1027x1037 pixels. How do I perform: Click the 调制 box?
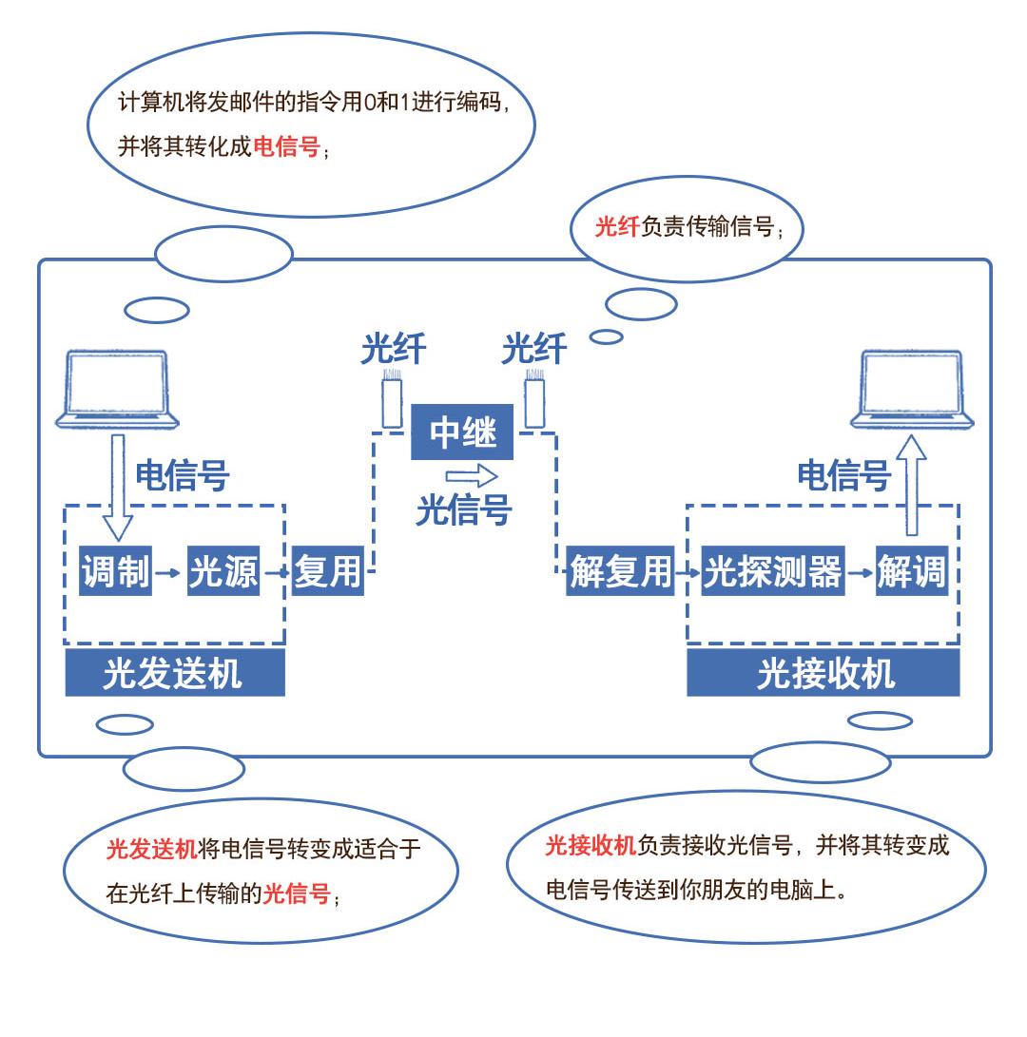[115, 572]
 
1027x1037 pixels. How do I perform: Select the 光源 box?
[223, 572]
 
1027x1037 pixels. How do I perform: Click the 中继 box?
[462, 432]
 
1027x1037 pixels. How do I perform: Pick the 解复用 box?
[620, 572]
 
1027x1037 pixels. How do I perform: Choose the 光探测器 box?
[772, 572]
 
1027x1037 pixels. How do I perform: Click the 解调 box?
[911, 572]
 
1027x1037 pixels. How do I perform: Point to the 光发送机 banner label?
[174, 674]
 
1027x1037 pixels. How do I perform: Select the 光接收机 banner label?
[824, 674]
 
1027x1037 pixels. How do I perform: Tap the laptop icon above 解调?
[912, 390]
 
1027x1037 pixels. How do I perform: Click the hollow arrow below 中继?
[473, 475]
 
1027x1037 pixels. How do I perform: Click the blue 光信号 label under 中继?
[464, 510]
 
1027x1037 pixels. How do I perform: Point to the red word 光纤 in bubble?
[616, 227]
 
